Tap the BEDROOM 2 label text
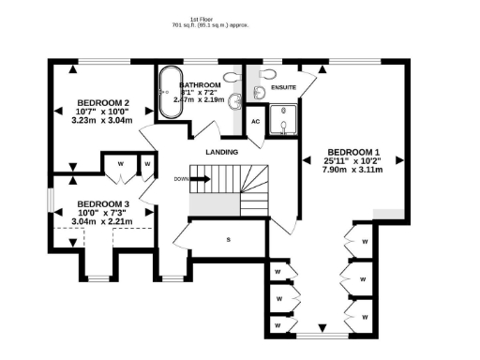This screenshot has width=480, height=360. [x=103, y=102]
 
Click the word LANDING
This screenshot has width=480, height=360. [x=222, y=152]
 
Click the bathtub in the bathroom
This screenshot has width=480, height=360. [x=171, y=94]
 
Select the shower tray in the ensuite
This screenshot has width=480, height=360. [x=281, y=121]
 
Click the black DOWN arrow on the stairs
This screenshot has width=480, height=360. [x=200, y=179]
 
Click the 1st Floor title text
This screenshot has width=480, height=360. [x=201, y=19]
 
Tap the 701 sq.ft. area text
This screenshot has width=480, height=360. [x=201, y=26]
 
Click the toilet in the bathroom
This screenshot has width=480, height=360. [x=234, y=74]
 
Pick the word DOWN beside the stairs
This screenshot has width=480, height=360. [x=181, y=179]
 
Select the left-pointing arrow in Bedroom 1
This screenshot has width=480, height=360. [x=306, y=160]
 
